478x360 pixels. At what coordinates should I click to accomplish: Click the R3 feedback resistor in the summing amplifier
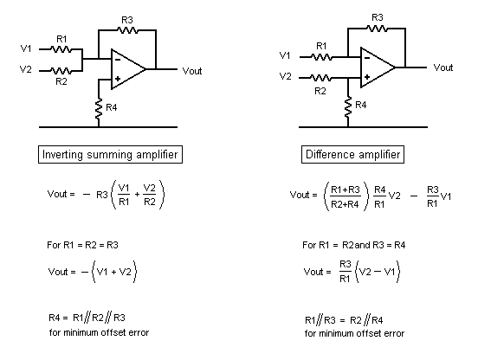127,30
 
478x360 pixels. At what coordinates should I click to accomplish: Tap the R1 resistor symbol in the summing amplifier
61,49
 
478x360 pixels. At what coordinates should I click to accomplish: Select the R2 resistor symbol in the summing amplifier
61,71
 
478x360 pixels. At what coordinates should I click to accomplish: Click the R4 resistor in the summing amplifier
99,109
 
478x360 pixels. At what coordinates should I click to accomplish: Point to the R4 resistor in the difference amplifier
348,107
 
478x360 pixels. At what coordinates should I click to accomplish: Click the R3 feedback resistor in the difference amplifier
378,29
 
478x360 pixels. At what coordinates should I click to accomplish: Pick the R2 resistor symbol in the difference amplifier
321,78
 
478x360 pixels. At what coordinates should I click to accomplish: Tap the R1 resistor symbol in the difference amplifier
321,57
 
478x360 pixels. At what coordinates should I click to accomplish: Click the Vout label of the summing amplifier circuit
192,71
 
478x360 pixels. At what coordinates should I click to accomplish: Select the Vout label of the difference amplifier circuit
443,67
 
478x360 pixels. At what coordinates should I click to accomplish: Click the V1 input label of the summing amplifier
26,48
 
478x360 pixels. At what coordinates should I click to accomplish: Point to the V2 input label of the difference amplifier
285,76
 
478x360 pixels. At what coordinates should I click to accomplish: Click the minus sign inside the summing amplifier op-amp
118,60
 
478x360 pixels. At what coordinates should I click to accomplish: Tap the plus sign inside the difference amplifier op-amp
367,77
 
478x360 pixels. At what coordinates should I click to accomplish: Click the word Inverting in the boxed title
62,154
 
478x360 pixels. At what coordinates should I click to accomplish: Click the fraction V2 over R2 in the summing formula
149,195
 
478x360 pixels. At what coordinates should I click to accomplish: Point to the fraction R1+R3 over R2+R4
346,196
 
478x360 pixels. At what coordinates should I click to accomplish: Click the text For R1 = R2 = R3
82,245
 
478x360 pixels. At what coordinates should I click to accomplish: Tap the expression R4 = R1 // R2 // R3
87,318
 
